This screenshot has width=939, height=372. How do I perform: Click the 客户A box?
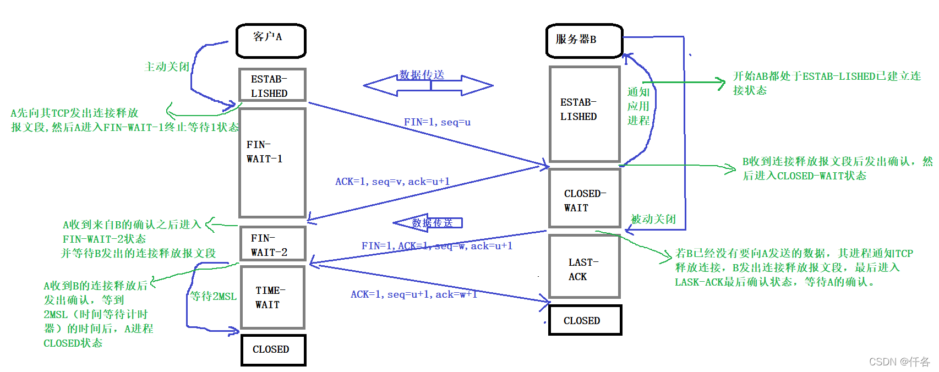pyautogui.click(x=271, y=41)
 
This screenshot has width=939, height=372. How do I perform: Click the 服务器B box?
pyautogui.click(x=584, y=41)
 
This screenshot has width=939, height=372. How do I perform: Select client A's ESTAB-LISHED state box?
pyautogui.click(x=272, y=85)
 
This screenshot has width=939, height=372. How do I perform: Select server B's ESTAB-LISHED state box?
pyautogui.click(x=585, y=114)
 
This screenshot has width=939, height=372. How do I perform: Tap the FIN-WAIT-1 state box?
pyautogui.click(x=272, y=162)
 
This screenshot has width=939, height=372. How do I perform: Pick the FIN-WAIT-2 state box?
pyautogui.click(x=272, y=244)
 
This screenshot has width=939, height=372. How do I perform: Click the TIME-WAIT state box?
pyautogui.click(x=272, y=297)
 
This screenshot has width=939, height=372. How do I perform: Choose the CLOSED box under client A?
pyautogui.click(x=273, y=349)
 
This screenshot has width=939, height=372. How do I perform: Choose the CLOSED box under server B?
pyautogui.click(x=585, y=320)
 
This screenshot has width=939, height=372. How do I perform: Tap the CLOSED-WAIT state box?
pyautogui.click(x=585, y=198)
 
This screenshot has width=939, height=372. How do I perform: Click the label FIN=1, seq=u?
pyautogui.click(x=437, y=122)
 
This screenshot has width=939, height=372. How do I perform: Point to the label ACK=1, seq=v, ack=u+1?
pyautogui.click(x=392, y=182)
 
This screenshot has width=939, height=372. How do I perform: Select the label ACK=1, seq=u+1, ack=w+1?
pyautogui.click(x=413, y=294)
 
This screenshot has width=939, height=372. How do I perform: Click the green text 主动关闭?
pyautogui.click(x=166, y=67)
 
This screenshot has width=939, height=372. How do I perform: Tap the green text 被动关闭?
pyautogui.click(x=653, y=219)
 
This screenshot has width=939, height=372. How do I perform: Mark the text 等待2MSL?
pyautogui.click(x=214, y=296)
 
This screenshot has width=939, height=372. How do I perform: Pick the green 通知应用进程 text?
pyautogui.click(x=638, y=106)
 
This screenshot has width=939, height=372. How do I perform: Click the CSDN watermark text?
pyautogui.click(x=899, y=362)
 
